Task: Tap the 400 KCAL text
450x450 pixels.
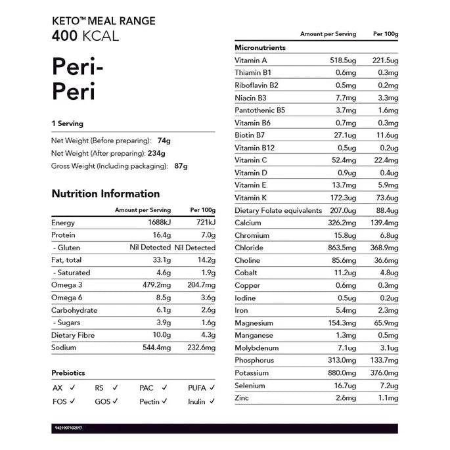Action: (x=85, y=35)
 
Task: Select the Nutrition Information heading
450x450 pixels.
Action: (x=105, y=194)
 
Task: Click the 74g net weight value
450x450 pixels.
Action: (x=164, y=141)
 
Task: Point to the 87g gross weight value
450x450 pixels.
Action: (x=181, y=166)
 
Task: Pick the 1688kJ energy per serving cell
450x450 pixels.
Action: (x=158, y=223)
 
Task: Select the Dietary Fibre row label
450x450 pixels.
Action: (x=74, y=335)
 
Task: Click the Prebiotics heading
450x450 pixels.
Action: (x=68, y=373)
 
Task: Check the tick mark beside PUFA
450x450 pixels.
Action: (x=213, y=388)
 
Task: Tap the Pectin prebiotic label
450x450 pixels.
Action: (x=150, y=401)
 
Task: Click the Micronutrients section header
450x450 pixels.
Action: (x=260, y=48)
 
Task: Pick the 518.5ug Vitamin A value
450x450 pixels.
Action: (x=343, y=60)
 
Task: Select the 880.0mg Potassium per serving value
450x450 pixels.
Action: (x=342, y=373)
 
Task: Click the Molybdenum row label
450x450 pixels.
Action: (x=257, y=348)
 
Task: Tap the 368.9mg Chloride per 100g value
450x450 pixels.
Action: (x=383, y=248)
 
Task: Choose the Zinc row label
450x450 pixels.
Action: (x=242, y=398)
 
